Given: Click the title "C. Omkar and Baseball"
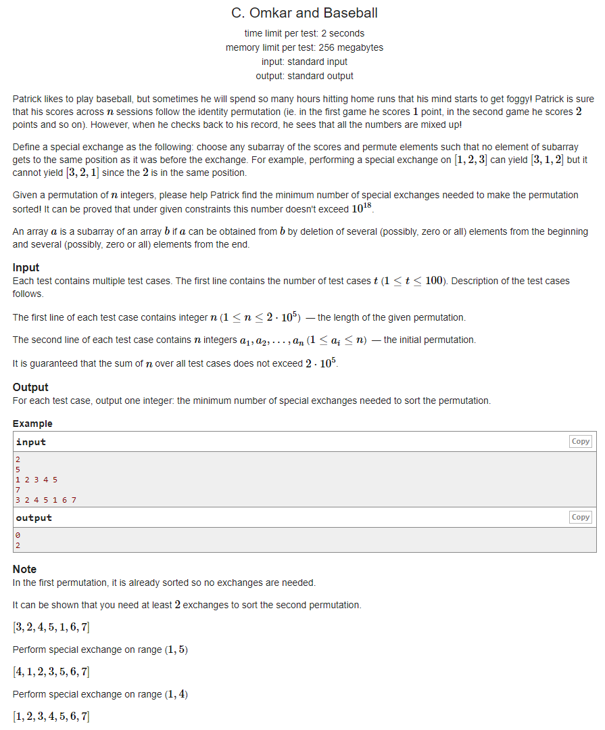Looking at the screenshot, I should tap(304, 13).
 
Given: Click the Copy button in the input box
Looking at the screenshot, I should tap(581, 441).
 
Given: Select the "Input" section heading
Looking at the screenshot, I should tap(26, 267).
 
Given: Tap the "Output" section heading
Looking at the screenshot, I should tap(30, 387).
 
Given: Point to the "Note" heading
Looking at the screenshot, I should tap(24, 569).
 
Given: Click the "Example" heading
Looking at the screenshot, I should tap(32, 424).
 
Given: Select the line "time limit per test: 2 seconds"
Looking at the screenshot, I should tap(304, 33).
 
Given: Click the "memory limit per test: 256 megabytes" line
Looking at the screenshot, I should tap(304, 47).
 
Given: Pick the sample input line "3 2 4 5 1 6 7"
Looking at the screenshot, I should tap(46, 500).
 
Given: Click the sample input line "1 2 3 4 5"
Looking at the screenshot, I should tap(37, 480).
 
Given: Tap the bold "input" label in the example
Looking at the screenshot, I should tap(31, 442).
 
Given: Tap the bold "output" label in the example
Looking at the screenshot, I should tap(34, 518).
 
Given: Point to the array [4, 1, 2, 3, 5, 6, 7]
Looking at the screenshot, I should tap(51, 672).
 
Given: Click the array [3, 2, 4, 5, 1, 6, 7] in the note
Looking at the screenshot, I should tap(51, 627).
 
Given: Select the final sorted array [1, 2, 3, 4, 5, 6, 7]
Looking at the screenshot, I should tap(51, 716).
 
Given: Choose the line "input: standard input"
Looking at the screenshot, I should tap(304, 62).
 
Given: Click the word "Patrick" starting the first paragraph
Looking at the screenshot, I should tap(29, 99).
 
